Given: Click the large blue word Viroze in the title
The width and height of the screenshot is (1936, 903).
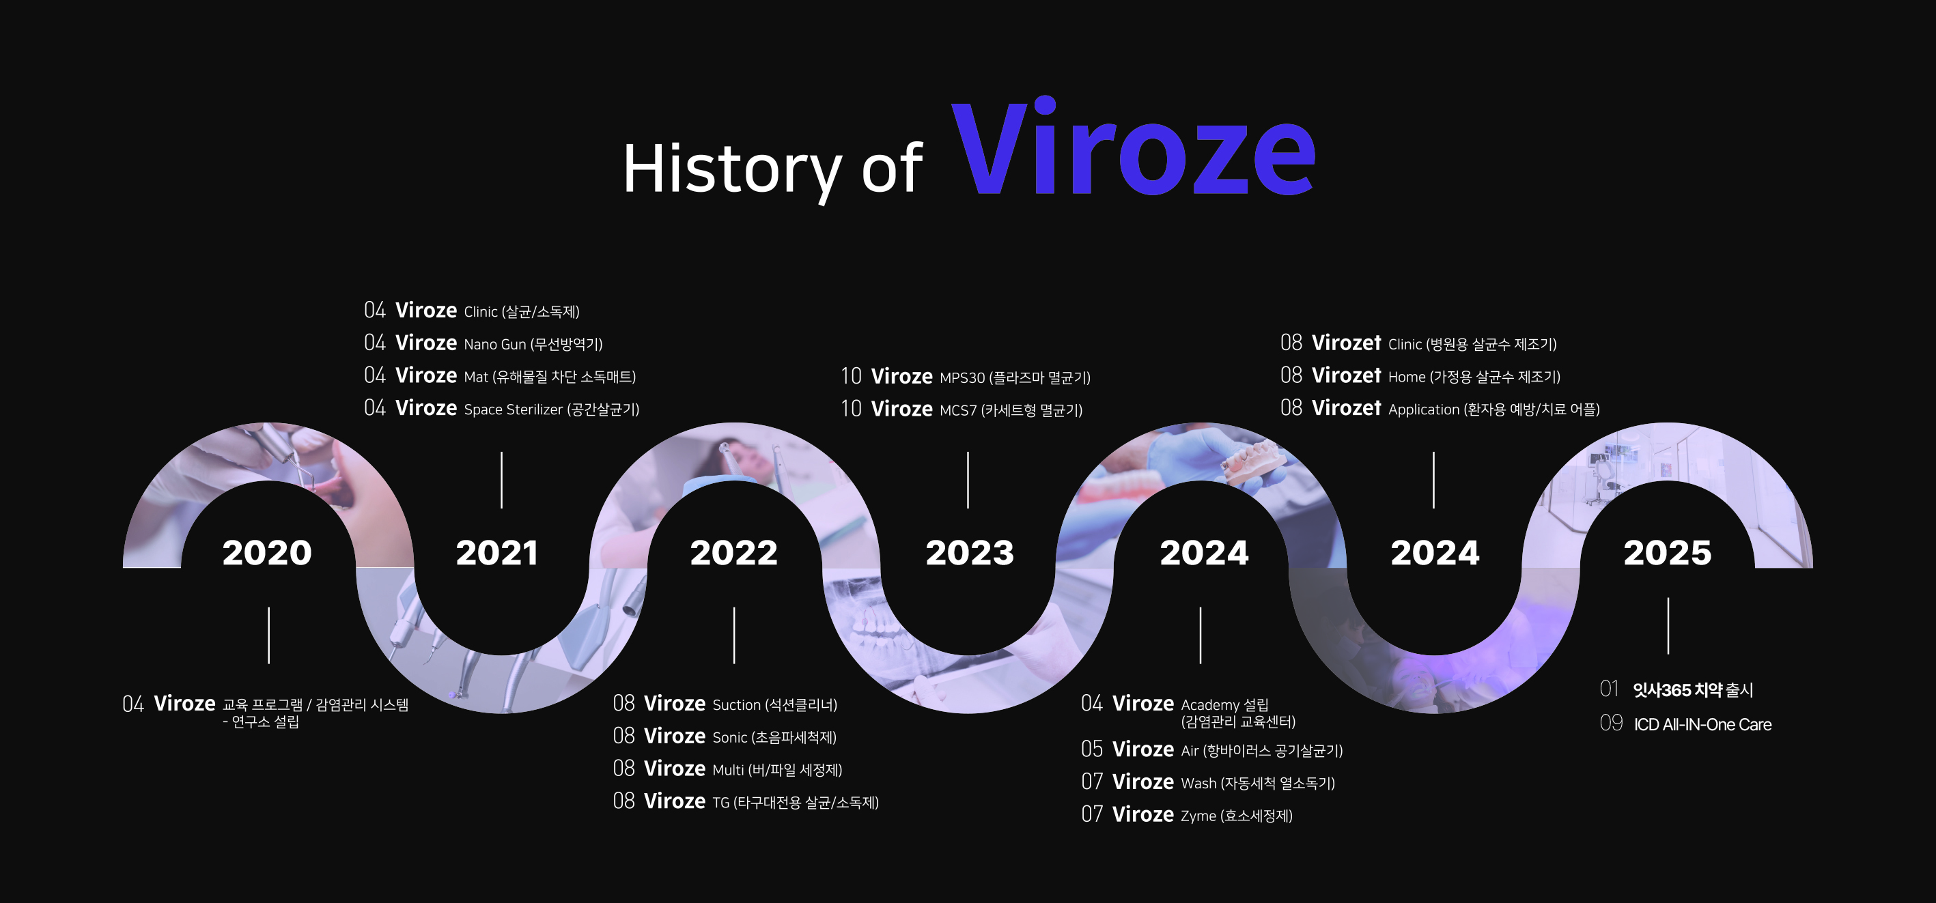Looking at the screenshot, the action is pos(1134,147).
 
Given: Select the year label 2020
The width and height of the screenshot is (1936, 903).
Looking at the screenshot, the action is pos(267,553).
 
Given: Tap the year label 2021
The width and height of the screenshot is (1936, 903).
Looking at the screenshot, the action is pos(496,553).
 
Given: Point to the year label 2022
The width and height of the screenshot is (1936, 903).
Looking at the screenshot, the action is pos(734,553).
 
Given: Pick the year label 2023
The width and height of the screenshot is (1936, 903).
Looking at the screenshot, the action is pos(970,553).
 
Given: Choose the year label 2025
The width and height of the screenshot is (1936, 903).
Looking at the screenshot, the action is pos(1667,553).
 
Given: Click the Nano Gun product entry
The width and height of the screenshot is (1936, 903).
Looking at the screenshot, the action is pos(483,343).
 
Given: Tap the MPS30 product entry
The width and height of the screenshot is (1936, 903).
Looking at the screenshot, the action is pos(965,376).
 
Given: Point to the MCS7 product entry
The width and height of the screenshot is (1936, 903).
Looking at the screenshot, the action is pos(962,409).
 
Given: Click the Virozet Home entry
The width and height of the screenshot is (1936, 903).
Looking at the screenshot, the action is pos(1420,375).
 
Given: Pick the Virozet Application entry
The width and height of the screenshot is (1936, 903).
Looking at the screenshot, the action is pos(1440,408).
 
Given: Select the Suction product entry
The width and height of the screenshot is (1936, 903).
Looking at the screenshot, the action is pos(725,704).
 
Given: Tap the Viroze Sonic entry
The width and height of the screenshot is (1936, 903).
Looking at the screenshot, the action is pos(725,736).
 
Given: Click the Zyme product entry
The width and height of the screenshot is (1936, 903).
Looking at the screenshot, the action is pos(1187,814).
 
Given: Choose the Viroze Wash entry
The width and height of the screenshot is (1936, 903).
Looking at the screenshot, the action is pos(1208,782).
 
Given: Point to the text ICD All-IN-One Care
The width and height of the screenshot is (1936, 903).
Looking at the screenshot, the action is pos(1702,724).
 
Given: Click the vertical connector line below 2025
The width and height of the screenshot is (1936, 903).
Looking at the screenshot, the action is pos(1668,626).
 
